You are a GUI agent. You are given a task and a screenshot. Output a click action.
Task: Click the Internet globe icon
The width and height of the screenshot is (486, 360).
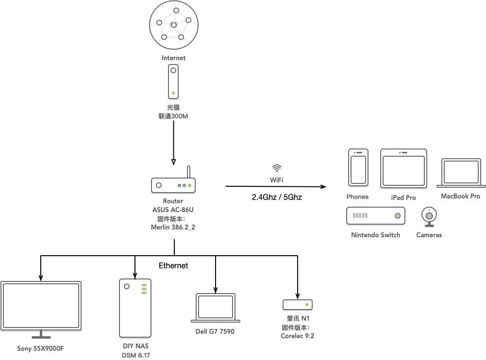point(174,25)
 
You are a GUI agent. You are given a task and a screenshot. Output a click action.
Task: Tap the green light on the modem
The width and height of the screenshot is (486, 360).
point(173,93)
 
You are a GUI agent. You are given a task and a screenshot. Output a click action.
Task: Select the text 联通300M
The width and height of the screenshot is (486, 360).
point(173,116)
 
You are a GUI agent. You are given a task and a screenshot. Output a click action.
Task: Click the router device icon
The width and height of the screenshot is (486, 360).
point(173,185)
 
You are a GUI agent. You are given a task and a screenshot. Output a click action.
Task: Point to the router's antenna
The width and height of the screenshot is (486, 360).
point(188,172)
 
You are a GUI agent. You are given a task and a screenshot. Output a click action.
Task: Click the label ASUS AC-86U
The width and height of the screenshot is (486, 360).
point(173,210)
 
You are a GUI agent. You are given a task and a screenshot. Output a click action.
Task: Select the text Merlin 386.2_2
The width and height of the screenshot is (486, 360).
point(173,227)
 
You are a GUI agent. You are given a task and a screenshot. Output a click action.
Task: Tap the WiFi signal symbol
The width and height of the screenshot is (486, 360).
point(277,168)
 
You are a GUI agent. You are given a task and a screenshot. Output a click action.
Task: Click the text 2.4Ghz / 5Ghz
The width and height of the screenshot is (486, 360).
point(277,197)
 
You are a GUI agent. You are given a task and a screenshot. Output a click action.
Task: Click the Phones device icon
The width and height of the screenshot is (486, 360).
point(358,167)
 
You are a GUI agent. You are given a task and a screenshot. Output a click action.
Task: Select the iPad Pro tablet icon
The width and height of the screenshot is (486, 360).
point(403,168)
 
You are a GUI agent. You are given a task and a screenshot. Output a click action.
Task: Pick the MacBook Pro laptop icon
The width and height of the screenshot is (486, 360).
point(461,173)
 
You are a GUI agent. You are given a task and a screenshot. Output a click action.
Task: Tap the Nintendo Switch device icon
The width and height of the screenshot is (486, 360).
point(376,215)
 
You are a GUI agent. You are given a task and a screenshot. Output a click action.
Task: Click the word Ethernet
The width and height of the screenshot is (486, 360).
point(173,265)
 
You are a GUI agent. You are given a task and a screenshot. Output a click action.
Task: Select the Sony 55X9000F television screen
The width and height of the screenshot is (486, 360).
point(41,306)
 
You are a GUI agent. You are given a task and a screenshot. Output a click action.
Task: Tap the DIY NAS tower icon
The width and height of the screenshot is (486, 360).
point(135,308)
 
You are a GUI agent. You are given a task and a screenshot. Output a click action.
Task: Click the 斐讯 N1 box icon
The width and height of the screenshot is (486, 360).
point(298,305)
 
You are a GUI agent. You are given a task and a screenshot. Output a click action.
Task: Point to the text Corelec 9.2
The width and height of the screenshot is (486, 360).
point(298,336)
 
